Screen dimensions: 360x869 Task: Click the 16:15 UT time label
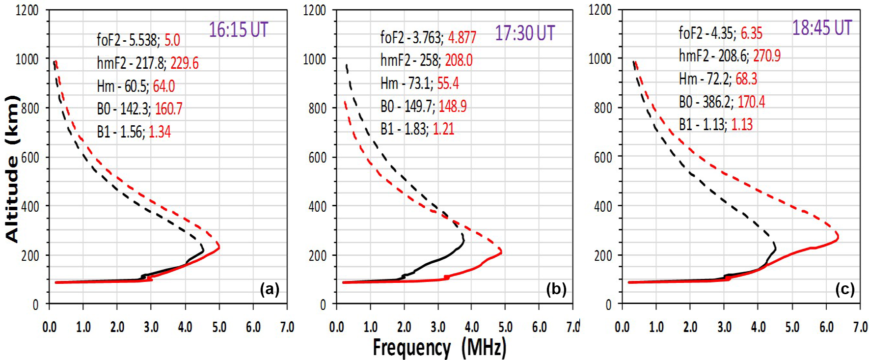pos(239,30)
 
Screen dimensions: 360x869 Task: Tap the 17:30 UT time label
pos(524,33)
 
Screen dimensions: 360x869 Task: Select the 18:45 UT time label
pos(822,28)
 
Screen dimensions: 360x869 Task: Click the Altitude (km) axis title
pos(12,168)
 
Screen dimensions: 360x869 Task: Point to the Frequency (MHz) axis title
pos(439,348)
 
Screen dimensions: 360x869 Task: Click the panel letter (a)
pos(270,289)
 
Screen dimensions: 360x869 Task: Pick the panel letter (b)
pos(556,289)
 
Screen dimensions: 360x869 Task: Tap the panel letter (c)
pos(844,289)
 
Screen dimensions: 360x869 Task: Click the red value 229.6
pos(185,63)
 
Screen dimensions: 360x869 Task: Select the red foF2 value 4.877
pos(462,37)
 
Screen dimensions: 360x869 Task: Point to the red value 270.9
pos(766,56)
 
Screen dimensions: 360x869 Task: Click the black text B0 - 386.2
pos(706,102)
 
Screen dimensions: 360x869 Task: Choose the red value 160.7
pos(168,109)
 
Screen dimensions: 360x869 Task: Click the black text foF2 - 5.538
pos(128,40)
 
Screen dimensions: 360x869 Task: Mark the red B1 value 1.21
pos(443,129)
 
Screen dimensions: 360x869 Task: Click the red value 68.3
pos(746,79)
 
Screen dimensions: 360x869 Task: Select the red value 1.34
pos(160,132)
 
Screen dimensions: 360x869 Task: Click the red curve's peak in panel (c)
pos(837,237)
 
